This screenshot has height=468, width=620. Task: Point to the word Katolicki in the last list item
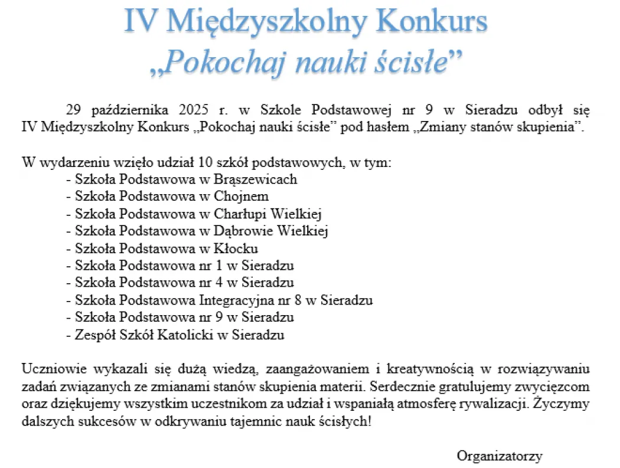pos(185,335)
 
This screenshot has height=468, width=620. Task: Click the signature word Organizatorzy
pos(500,456)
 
